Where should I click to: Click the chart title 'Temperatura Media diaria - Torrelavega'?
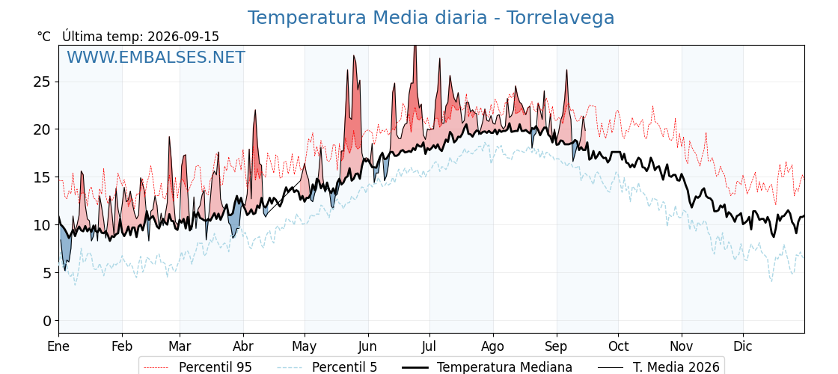pos(431,18)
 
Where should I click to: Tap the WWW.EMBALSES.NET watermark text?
pos(156,57)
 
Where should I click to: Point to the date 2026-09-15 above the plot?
pos(183,37)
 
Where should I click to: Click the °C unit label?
pos(44,37)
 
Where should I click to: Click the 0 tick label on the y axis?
pos(48,321)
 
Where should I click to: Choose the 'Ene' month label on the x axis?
pos(58,346)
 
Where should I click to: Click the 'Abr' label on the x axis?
pos(243,346)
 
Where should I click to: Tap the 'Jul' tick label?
pos(429,346)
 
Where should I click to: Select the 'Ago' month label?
pos(492,347)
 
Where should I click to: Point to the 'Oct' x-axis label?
pos(618,346)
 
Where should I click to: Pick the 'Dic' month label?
pos(743,346)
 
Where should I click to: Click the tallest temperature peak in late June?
pos(415,47)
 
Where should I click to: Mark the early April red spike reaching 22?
pos(255,111)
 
